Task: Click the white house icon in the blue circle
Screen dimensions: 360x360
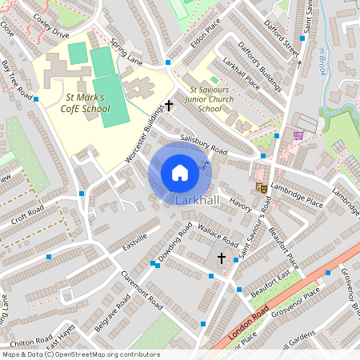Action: [180, 172]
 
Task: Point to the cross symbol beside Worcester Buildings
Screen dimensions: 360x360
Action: [169, 105]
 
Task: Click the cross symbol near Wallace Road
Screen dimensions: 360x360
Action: [222, 258]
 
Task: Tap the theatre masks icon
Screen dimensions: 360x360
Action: [260, 186]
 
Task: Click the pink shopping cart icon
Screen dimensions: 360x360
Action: [298, 135]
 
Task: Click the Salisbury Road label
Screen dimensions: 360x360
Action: [204, 144]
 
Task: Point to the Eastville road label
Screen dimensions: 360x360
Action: [135, 242]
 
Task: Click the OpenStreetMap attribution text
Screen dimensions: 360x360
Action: [80, 354]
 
